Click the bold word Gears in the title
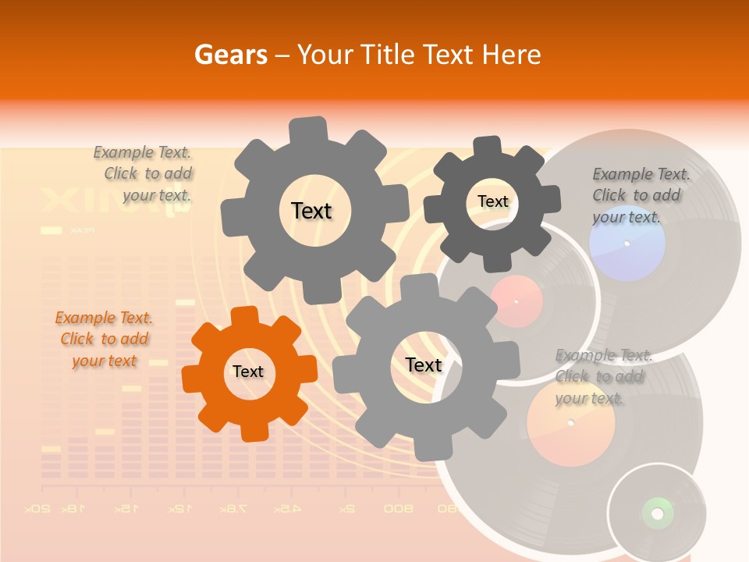pyautogui.click(x=231, y=55)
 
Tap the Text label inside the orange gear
pyautogui.click(x=248, y=372)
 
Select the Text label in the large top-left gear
pyautogui.click(x=311, y=211)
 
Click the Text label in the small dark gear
pyautogui.click(x=492, y=201)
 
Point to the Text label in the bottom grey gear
pyautogui.click(x=424, y=365)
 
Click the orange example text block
pyautogui.click(x=104, y=340)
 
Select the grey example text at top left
pyautogui.click(x=144, y=174)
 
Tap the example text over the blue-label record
pyautogui.click(x=637, y=196)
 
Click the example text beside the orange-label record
pyautogui.click(x=600, y=377)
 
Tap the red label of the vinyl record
pyautogui.click(x=516, y=301)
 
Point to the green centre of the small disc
pyautogui.click(x=657, y=513)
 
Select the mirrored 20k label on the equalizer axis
pyautogui.click(x=39, y=509)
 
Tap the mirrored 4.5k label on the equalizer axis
pyautogui.click(x=286, y=509)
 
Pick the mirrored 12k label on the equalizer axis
pyautogui.click(x=179, y=509)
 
